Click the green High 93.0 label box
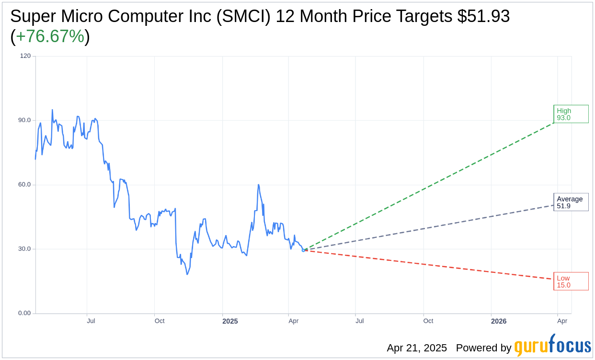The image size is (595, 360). point(571,114)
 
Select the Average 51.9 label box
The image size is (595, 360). point(571,202)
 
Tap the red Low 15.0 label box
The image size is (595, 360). point(571,281)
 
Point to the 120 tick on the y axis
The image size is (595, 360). point(25,56)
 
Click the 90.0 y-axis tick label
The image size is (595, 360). point(24,120)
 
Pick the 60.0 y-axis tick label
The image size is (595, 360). point(24,184)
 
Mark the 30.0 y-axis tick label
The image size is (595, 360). point(24,249)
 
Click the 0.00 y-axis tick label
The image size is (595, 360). point(24,313)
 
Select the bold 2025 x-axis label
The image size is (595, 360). point(230,321)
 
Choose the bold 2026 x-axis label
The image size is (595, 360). point(499,321)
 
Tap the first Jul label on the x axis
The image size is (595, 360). point(91,321)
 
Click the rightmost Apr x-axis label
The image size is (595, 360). point(562,321)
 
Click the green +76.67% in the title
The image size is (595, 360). point(50,37)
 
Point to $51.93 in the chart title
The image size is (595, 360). point(483,16)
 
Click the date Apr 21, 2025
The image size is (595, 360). point(417,348)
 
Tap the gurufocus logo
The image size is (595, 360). point(552,346)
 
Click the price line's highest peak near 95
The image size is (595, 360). point(52,110)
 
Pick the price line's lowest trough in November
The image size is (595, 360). point(187,274)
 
